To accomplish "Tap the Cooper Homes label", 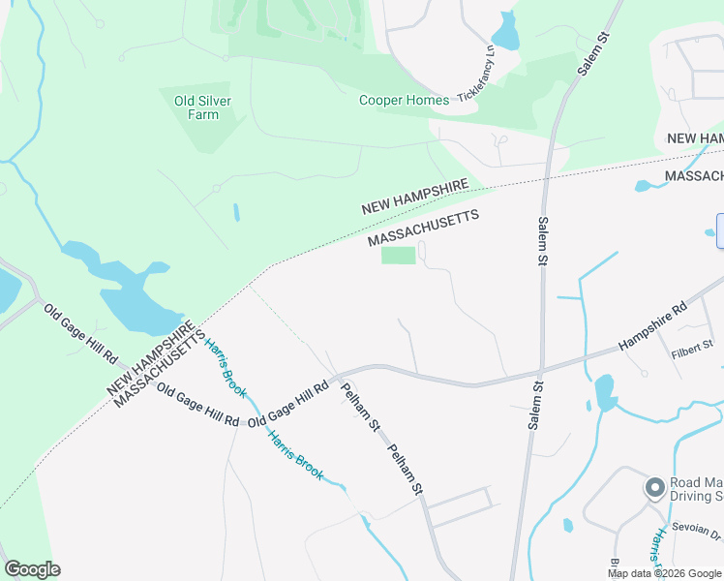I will [404, 100].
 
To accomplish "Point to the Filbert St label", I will [692, 345].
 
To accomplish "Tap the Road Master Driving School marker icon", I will [654, 488].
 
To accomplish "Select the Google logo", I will [32, 569].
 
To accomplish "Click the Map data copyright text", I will [665, 573].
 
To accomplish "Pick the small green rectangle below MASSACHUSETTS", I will [398, 256].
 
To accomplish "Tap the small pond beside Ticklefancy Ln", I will [506, 32].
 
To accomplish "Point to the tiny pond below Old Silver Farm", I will [236, 211].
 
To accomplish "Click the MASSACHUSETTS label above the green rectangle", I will [424, 229].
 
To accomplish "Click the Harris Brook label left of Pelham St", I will [295, 453].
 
